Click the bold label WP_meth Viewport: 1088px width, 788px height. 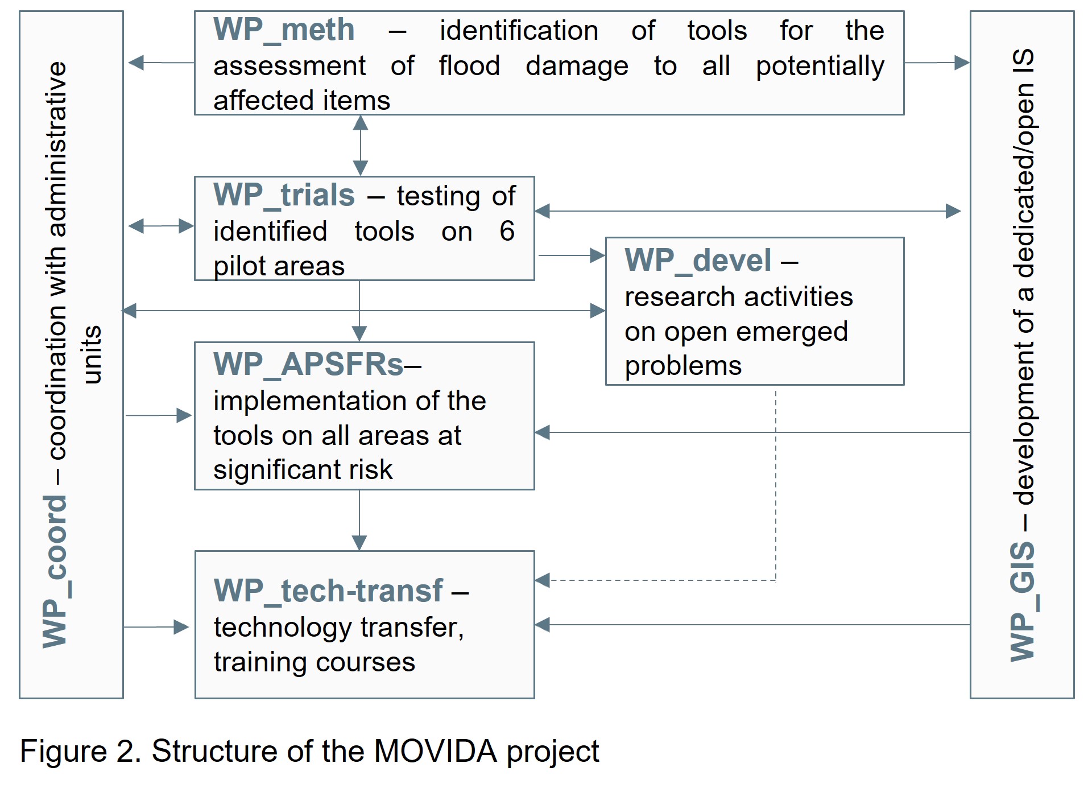(284, 30)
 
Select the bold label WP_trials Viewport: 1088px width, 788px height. (284, 195)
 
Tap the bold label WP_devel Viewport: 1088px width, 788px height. (698, 261)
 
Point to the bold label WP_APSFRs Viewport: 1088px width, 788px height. (308, 364)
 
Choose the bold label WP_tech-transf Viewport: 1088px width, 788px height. (328, 591)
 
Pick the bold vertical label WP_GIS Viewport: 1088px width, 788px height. (1023, 601)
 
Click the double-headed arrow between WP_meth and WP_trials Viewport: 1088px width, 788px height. (360, 146)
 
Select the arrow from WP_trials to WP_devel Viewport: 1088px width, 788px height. (572, 255)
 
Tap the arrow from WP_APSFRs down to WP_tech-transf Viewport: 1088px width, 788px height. (359, 520)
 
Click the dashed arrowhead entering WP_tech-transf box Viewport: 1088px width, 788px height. (543, 580)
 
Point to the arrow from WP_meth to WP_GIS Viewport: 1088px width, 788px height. (937, 63)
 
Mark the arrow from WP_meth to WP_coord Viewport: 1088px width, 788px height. (161, 63)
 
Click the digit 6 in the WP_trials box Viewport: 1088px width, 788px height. (507, 231)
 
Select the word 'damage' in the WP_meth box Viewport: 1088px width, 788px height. (577, 66)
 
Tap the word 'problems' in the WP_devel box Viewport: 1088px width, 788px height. (683, 366)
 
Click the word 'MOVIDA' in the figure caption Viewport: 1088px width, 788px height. (435, 751)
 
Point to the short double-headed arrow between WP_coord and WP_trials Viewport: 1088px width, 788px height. (161, 226)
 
